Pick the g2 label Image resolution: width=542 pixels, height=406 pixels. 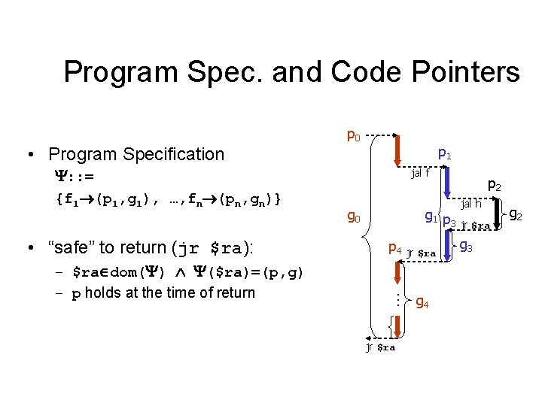[516, 216]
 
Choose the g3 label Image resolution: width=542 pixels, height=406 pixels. [465, 246]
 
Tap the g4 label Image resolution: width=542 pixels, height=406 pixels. [423, 304]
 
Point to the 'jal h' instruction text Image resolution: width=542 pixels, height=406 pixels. [471, 203]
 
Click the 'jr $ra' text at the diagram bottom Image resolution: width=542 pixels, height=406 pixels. [380, 347]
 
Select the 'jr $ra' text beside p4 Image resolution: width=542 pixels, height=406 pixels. [421, 253]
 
